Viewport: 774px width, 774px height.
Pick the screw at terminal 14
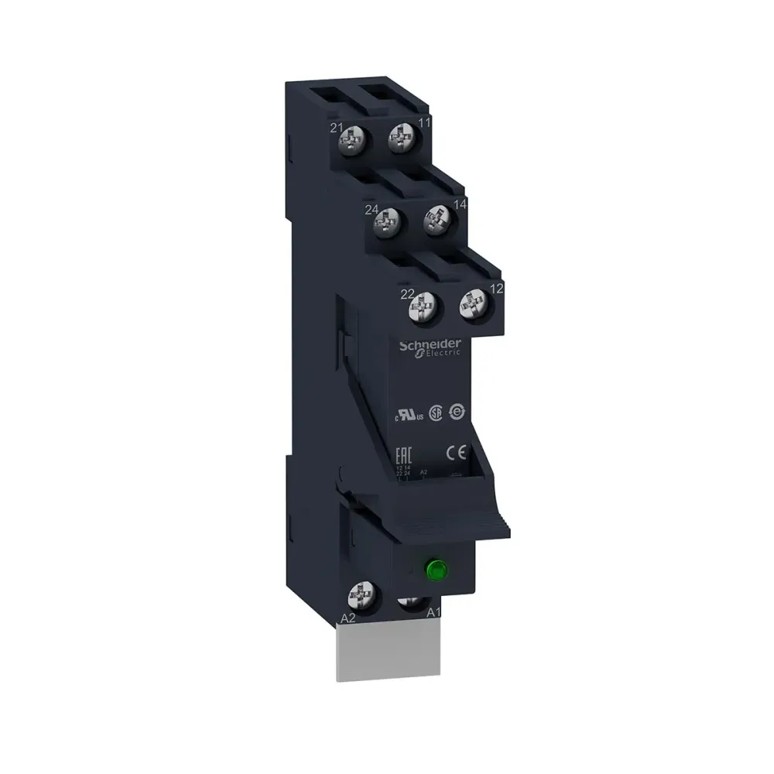pyautogui.click(x=436, y=219)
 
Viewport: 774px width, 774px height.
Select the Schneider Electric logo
pyautogui.click(x=430, y=347)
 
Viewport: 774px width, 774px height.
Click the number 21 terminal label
pyautogui.click(x=337, y=127)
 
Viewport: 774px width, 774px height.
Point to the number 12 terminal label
pyautogui.click(x=497, y=288)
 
